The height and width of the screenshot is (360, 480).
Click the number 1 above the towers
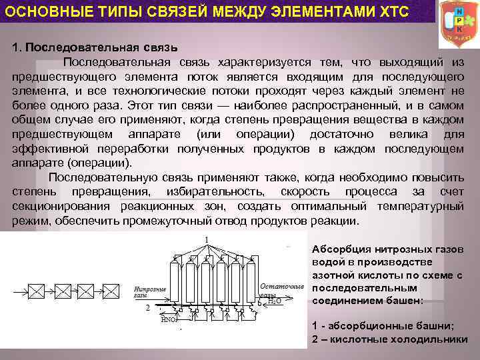click(x=207, y=239)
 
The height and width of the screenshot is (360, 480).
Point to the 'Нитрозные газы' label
click(x=150, y=291)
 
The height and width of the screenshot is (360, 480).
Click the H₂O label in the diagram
click(x=273, y=301)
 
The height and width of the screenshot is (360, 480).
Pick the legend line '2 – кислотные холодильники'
click(x=389, y=339)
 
